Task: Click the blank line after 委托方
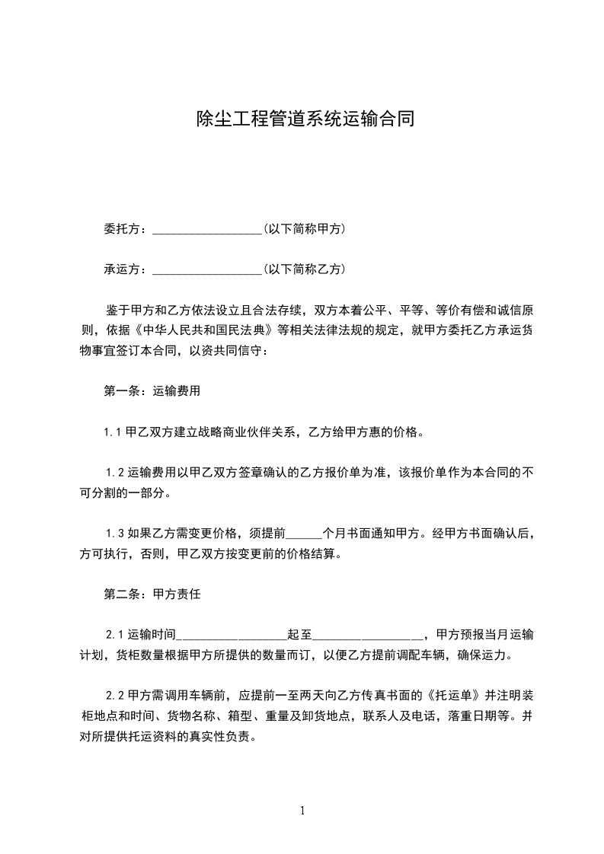tap(207, 229)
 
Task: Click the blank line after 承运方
tap(207, 269)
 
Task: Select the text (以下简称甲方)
tap(304, 228)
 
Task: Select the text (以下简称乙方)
tap(304, 269)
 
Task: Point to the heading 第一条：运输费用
tap(152, 391)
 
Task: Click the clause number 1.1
tap(113, 432)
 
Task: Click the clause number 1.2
tap(115, 473)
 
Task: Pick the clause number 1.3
tap(115, 534)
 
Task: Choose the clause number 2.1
tap(115, 634)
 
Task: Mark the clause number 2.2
tap(115, 695)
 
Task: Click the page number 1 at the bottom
tap(302, 811)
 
